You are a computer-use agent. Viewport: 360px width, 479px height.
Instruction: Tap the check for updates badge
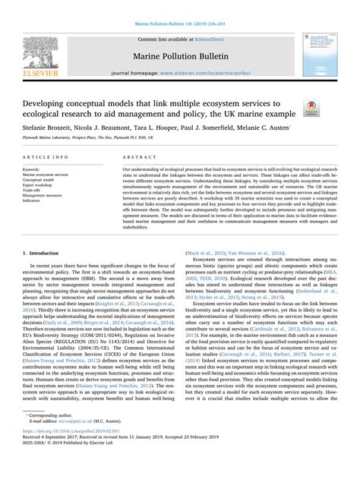pyautogui.click(x=311, y=110)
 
